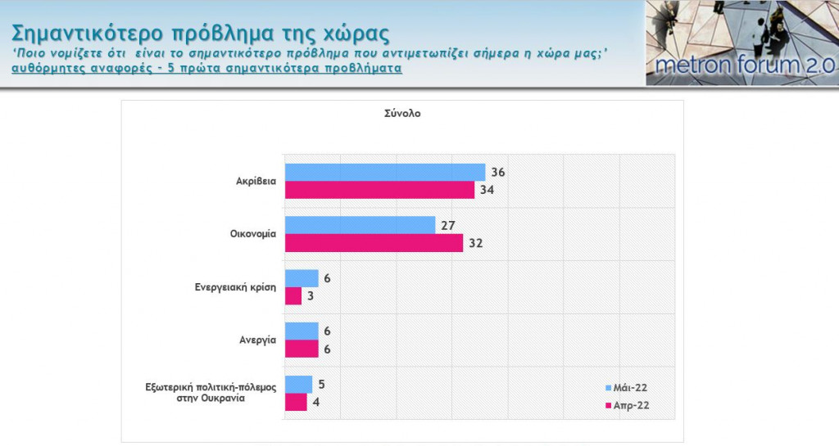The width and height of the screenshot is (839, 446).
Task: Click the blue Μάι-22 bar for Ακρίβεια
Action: tap(384, 172)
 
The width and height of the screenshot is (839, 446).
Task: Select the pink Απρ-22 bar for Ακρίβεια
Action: tap(379, 190)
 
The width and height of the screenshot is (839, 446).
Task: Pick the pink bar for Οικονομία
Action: tap(373, 243)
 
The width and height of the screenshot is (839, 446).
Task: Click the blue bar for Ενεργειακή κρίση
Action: tap(301, 278)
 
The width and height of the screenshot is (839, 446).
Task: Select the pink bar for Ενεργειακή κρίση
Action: tap(293, 295)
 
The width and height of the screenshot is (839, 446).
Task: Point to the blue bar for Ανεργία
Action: tap(301, 331)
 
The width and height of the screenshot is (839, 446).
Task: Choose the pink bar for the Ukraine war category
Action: tap(295, 402)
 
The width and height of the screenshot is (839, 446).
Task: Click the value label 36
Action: tap(497, 172)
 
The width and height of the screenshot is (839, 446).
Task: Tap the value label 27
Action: tap(447, 225)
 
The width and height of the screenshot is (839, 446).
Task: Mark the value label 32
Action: tap(475, 243)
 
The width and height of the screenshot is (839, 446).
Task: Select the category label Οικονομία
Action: tap(253, 234)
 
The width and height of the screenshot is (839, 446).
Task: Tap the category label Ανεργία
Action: tap(258, 340)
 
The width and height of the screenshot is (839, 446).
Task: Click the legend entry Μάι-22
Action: tap(635, 387)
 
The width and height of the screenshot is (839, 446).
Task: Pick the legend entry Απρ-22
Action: tap(635, 404)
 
